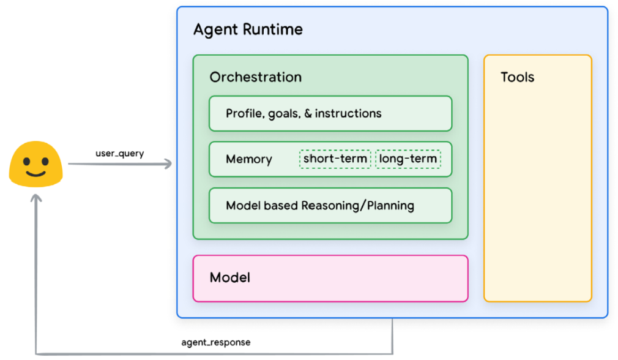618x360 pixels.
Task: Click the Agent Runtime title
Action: pyautogui.click(x=248, y=29)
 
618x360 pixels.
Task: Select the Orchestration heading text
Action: pyautogui.click(x=255, y=77)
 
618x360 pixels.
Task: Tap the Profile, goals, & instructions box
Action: pyautogui.click(x=330, y=113)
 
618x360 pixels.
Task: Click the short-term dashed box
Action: pyautogui.click(x=335, y=159)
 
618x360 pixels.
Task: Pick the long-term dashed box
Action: pyautogui.click(x=408, y=159)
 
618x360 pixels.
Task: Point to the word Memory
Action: pyautogui.click(x=248, y=159)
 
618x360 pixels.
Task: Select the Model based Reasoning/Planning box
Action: pyautogui.click(x=330, y=206)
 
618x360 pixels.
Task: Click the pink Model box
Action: pyautogui.click(x=330, y=279)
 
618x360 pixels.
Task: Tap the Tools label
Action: pyautogui.click(x=517, y=77)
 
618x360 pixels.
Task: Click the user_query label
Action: pyautogui.click(x=120, y=153)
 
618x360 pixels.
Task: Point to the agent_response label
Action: pyautogui.click(x=216, y=342)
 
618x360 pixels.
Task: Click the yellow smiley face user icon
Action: pyautogui.click(x=35, y=163)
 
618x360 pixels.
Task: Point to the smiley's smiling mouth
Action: pyautogui.click(x=35, y=173)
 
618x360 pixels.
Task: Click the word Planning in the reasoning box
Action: pyautogui.click(x=390, y=206)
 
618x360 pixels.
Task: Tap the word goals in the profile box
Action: pyautogui.click(x=283, y=114)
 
